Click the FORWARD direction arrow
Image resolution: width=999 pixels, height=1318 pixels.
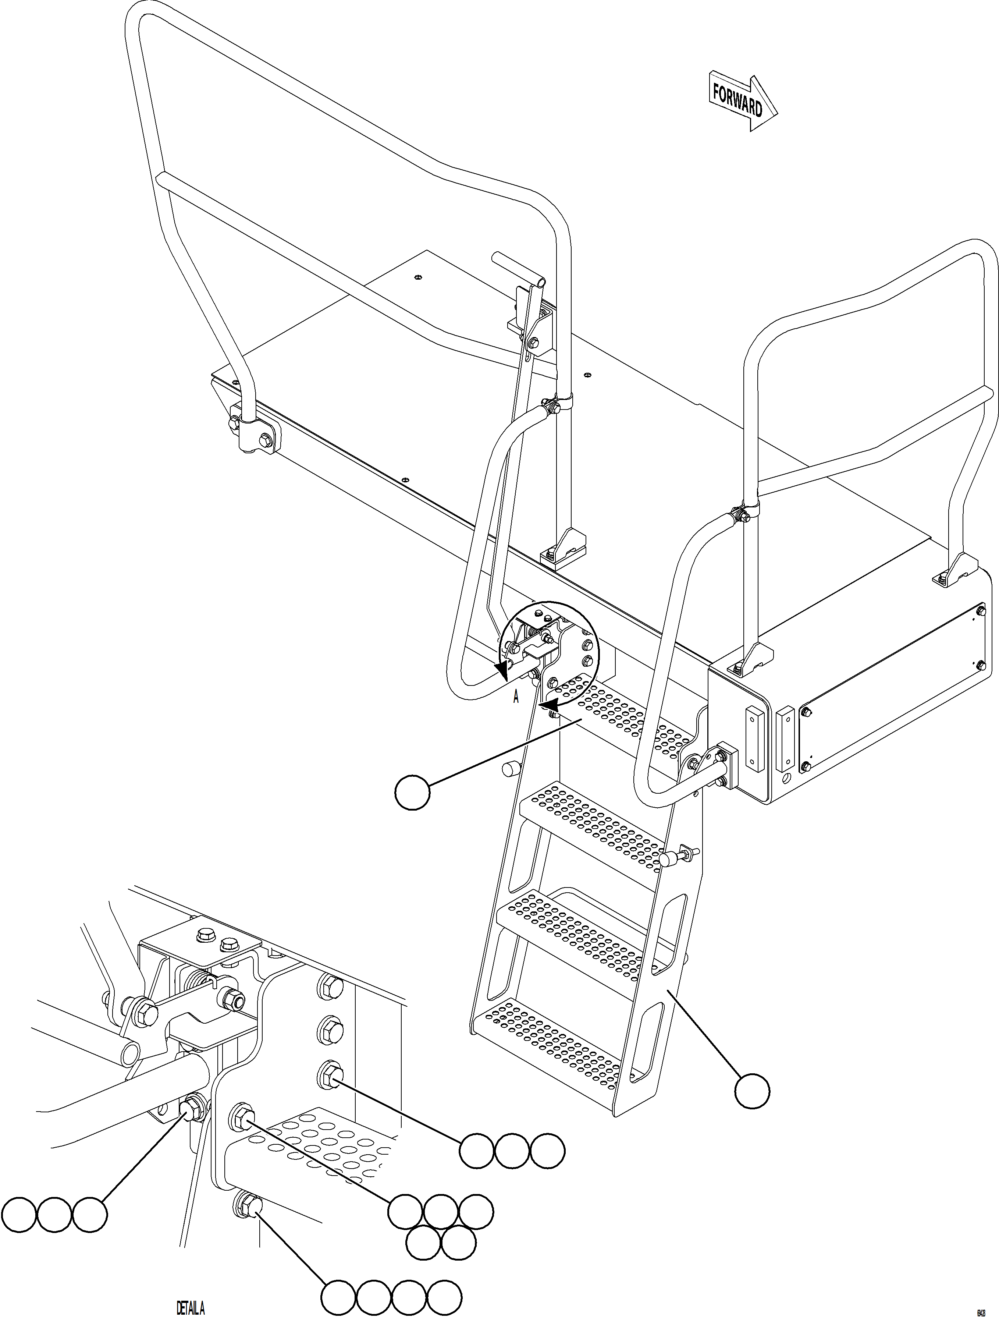[x=742, y=103]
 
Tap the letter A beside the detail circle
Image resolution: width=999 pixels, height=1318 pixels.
[x=516, y=697]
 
